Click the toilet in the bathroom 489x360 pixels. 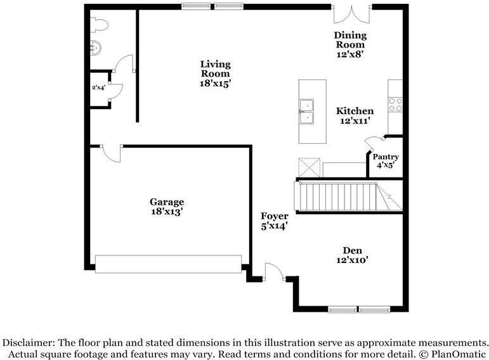pos(99,25)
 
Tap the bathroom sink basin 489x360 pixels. pos(96,48)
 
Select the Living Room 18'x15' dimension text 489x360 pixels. pos(215,84)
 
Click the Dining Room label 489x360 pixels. pos(350,39)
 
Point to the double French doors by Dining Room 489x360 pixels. pos(353,14)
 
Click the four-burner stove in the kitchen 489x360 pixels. pos(395,105)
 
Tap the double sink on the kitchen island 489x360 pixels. pos(306,112)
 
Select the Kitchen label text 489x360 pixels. pos(355,111)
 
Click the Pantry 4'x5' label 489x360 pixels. pos(386,161)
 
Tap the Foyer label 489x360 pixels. pos(275,216)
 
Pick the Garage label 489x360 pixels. pos(167,202)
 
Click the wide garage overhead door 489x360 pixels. pos(169,264)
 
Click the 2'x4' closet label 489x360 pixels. pos(98,87)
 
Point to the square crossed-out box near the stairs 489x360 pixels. pos(310,168)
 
